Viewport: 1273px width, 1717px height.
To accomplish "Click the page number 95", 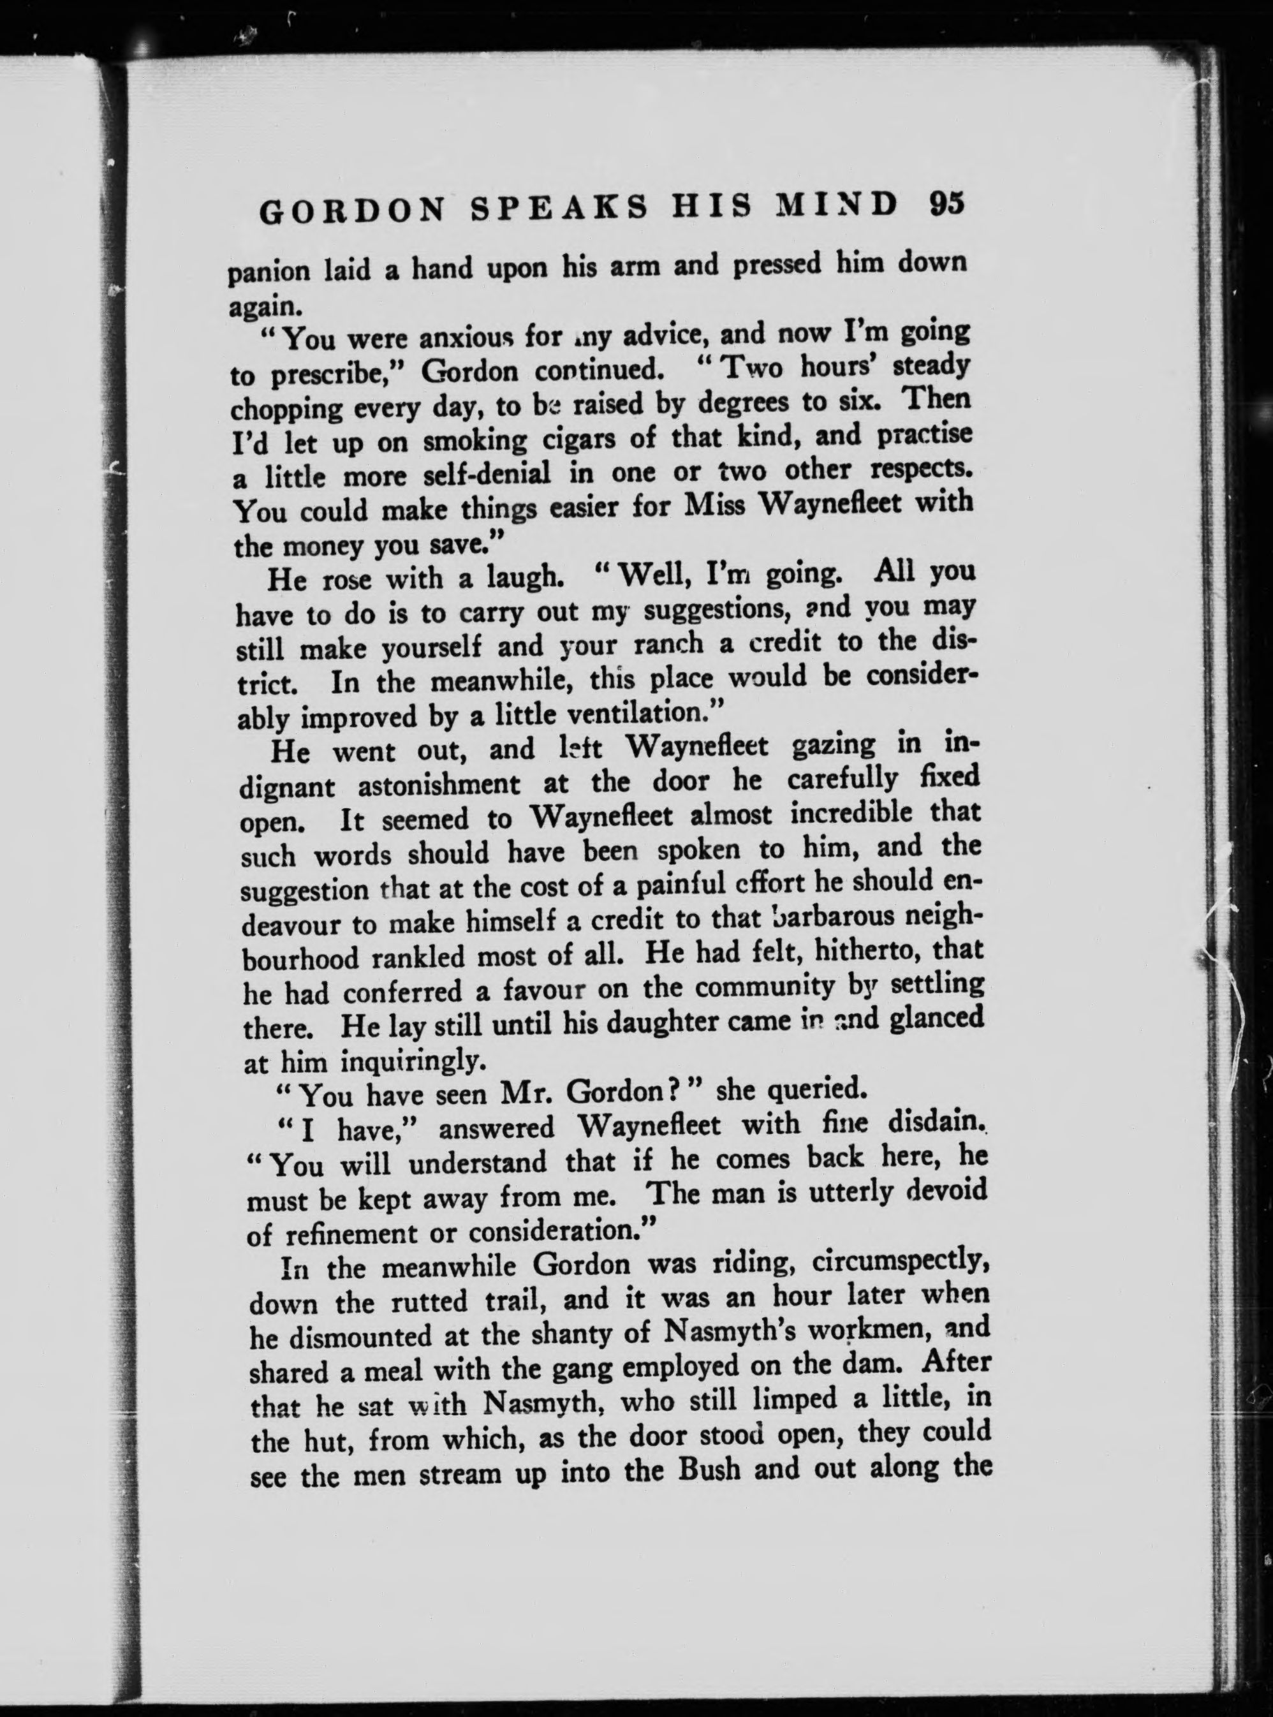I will click(x=943, y=206).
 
